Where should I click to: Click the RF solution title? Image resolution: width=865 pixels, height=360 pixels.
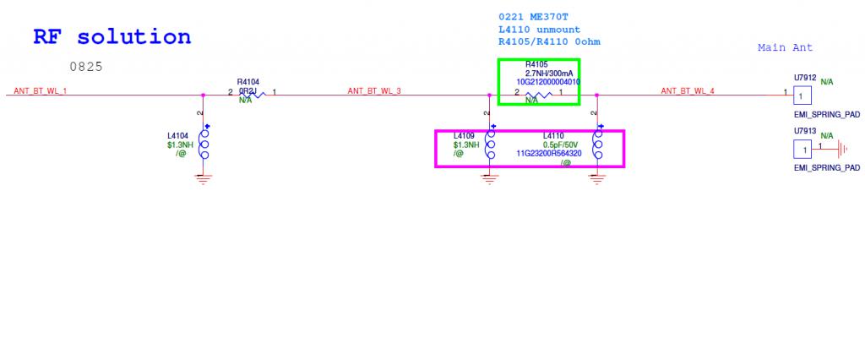coord(112,36)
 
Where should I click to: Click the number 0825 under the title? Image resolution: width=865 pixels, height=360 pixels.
coord(87,66)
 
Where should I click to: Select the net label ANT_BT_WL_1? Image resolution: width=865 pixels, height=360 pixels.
coord(41,90)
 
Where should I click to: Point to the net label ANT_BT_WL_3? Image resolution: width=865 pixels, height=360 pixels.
coord(374,90)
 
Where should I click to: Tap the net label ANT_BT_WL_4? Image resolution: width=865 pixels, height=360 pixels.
coord(688,90)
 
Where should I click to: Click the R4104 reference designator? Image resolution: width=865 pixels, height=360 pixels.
coord(248,82)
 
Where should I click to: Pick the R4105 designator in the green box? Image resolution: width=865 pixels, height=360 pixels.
coord(537,64)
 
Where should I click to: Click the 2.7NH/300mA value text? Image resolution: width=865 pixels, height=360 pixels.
coord(539,74)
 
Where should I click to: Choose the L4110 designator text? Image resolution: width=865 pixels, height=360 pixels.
coord(553,135)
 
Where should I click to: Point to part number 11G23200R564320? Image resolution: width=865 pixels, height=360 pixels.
coord(549,154)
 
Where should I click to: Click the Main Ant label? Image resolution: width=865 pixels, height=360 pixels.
coord(785,48)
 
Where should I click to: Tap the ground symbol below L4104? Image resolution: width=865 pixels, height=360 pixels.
coord(202,178)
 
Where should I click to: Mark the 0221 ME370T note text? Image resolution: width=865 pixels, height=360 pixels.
coord(534,16)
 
